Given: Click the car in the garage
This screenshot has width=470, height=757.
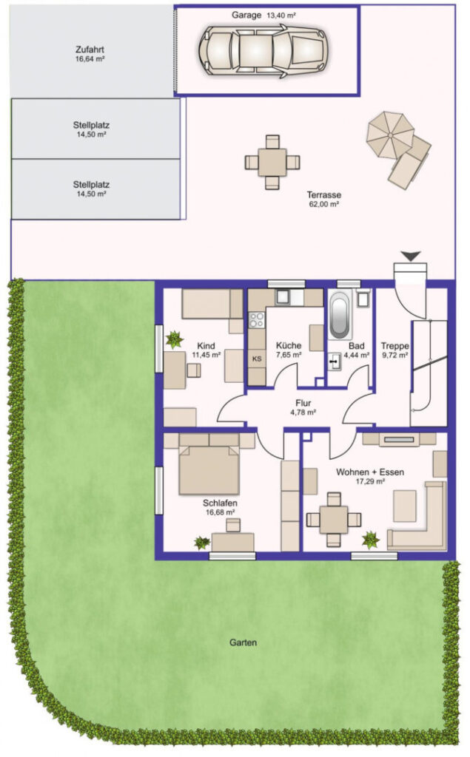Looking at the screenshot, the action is [263, 51].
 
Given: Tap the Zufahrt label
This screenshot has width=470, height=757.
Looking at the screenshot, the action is [90, 50].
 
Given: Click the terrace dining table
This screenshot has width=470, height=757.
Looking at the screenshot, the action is [272, 162].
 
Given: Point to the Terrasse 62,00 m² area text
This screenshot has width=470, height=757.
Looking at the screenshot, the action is [324, 199].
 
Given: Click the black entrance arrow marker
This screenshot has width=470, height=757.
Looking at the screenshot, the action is [411, 257].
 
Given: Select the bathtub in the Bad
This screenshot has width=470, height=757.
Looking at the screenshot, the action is [339, 316].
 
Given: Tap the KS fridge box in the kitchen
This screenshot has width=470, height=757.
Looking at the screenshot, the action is [257, 359].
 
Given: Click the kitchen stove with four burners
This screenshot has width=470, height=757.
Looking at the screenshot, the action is [257, 319].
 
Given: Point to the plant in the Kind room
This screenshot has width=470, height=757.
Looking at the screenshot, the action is [174, 339].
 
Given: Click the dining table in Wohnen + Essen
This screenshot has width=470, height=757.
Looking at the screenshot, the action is [334, 520].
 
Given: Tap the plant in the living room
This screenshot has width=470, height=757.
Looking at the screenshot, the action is [371, 540].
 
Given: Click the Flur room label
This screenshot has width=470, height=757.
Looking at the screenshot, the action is [303, 403].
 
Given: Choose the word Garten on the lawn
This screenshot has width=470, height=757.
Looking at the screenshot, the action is [244, 642].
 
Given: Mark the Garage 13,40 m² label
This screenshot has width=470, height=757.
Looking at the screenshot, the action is [263, 15].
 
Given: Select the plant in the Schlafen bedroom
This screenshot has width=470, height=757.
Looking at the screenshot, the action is [202, 543].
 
